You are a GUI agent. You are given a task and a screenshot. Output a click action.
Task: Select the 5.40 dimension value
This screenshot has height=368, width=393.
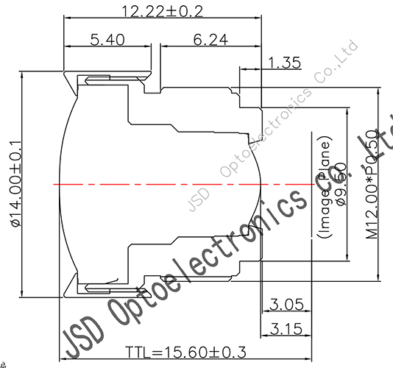pyautogui.click(x=107, y=38)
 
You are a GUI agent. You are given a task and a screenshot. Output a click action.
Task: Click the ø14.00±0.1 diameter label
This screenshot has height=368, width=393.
pyautogui.click(x=17, y=184)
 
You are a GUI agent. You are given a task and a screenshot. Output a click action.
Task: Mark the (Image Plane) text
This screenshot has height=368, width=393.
pyautogui.click(x=324, y=184)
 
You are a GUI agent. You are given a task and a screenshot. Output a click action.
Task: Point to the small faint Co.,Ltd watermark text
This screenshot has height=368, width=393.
pyautogui.click(x=336, y=63)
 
